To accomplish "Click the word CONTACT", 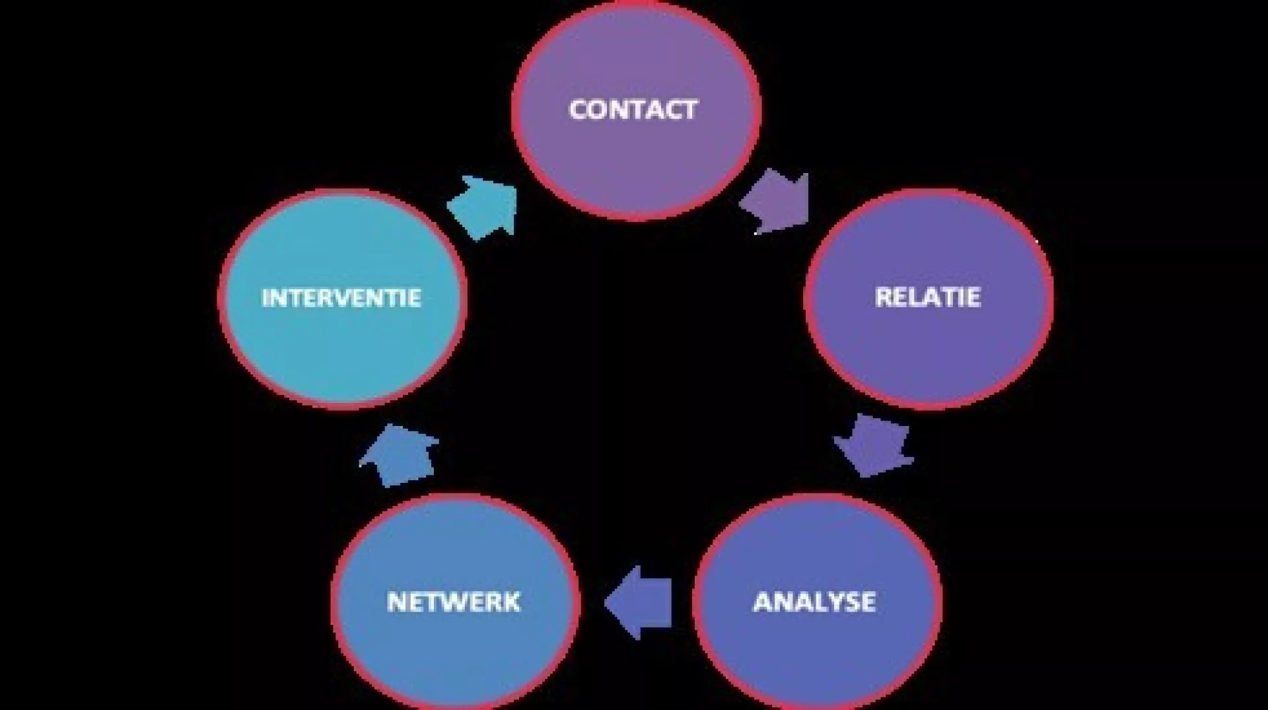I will [x=633, y=110].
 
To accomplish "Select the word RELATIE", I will [x=927, y=297].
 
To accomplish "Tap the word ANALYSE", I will [x=815, y=602].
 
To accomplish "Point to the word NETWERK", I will [x=454, y=602].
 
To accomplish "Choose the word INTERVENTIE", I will [x=341, y=298].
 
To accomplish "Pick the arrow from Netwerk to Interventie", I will [x=398, y=456].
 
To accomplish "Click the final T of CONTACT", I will [x=687, y=110].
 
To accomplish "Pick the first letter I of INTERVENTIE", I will [x=265, y=298].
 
